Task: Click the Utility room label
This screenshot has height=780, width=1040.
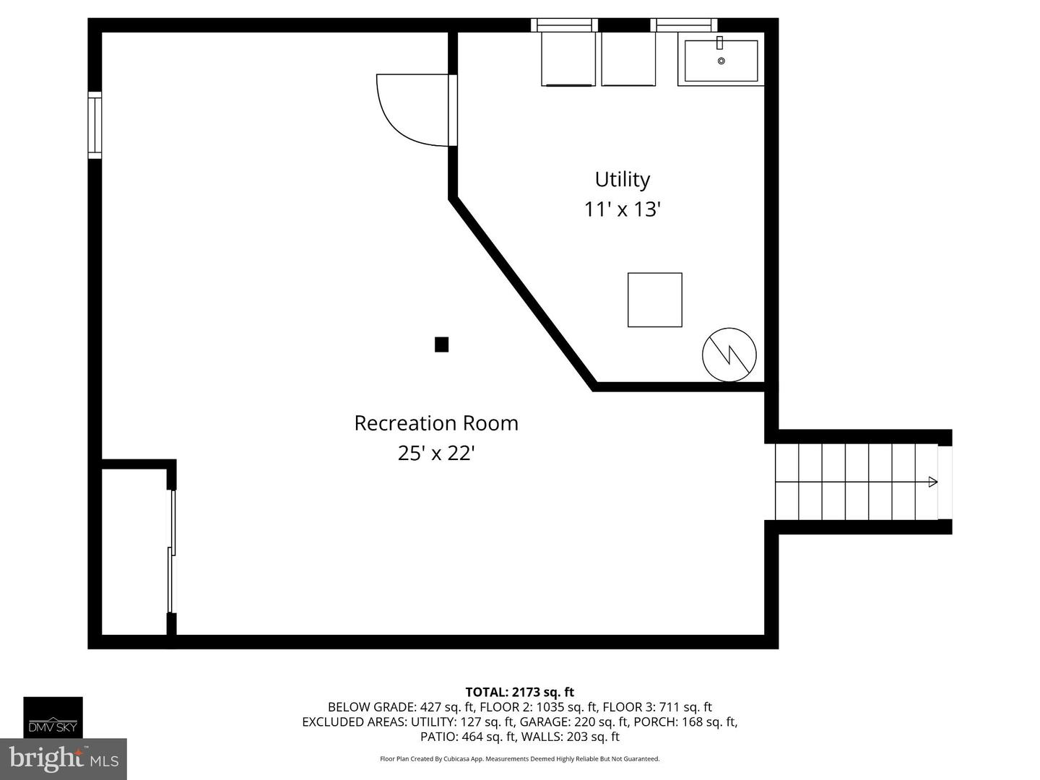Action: click(622, 180)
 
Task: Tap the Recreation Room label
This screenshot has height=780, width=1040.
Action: click(436, 423)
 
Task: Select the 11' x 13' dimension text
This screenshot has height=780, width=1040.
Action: click(622, 209)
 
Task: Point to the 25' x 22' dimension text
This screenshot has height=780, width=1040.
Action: click(436, 454)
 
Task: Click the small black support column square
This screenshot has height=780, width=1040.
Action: click(441, 344)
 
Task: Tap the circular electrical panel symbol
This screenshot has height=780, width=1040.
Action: click(729, 355)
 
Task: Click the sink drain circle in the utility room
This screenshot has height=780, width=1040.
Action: click(721, 61)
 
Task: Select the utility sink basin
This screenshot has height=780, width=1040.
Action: click(721, 61)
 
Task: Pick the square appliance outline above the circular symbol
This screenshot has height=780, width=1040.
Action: click(655, 300)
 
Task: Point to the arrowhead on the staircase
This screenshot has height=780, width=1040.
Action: click(932, 482)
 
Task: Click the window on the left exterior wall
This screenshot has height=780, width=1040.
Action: click(95, 125)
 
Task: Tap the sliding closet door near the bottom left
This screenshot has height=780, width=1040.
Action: click(172, 551)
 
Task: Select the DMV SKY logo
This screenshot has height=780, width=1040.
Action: click(53, 717)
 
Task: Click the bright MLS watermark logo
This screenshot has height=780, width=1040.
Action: click(64, 758)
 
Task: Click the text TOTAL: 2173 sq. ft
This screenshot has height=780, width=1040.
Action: click(520, 693)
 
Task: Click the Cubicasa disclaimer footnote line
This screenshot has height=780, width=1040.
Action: click(520, 758)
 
